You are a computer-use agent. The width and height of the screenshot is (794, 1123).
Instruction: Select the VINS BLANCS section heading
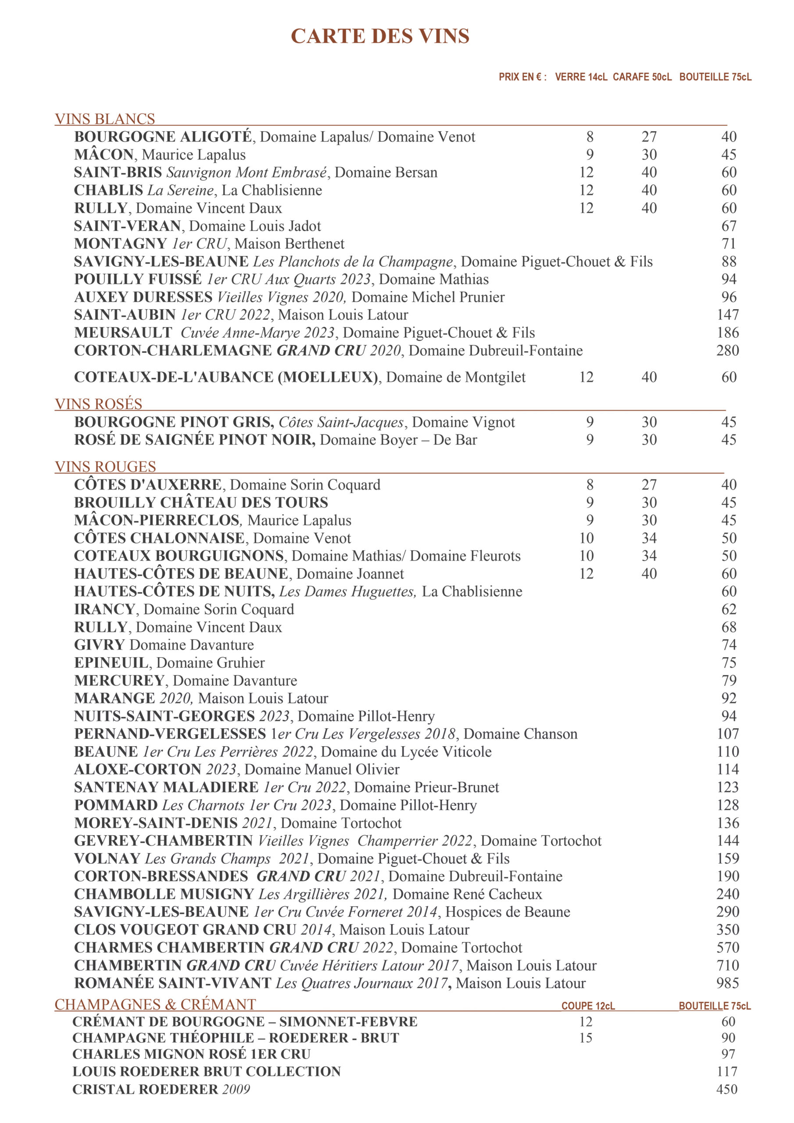(x=105, y=119)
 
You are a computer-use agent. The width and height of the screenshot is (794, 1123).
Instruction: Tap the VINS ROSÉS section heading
(x=98, y=404)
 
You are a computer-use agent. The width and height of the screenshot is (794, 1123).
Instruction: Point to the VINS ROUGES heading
(x=105, y=467)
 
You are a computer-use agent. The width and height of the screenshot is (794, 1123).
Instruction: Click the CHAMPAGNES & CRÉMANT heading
(x=155, y=1004)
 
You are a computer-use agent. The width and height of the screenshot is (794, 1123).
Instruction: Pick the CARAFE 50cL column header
(x=642, y=77)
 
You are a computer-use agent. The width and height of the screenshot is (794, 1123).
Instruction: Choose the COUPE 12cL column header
(x=587, y=1006)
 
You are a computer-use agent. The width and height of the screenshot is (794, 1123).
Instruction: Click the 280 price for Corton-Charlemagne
(x=727, y=350)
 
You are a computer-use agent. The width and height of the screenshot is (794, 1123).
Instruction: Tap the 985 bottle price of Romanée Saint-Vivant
(x=727, y=983)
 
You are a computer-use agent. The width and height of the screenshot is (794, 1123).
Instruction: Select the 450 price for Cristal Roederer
(x=726, y=1089)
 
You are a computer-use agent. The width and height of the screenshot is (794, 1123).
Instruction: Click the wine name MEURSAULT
(x=123, y=333)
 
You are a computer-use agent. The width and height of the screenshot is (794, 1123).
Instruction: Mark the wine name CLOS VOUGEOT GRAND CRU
(x=185, y=930)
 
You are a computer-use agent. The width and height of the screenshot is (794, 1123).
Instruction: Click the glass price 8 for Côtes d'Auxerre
(x=590, y=485)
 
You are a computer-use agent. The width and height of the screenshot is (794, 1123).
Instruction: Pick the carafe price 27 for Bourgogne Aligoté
(x=649, y=137)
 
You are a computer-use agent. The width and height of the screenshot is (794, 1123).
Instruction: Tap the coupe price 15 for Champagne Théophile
(x=586, y=1038)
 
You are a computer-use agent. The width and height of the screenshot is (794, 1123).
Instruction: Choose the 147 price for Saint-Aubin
(x=727, y=315)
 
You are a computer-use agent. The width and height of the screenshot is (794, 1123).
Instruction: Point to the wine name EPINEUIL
(x=111, y=663)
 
